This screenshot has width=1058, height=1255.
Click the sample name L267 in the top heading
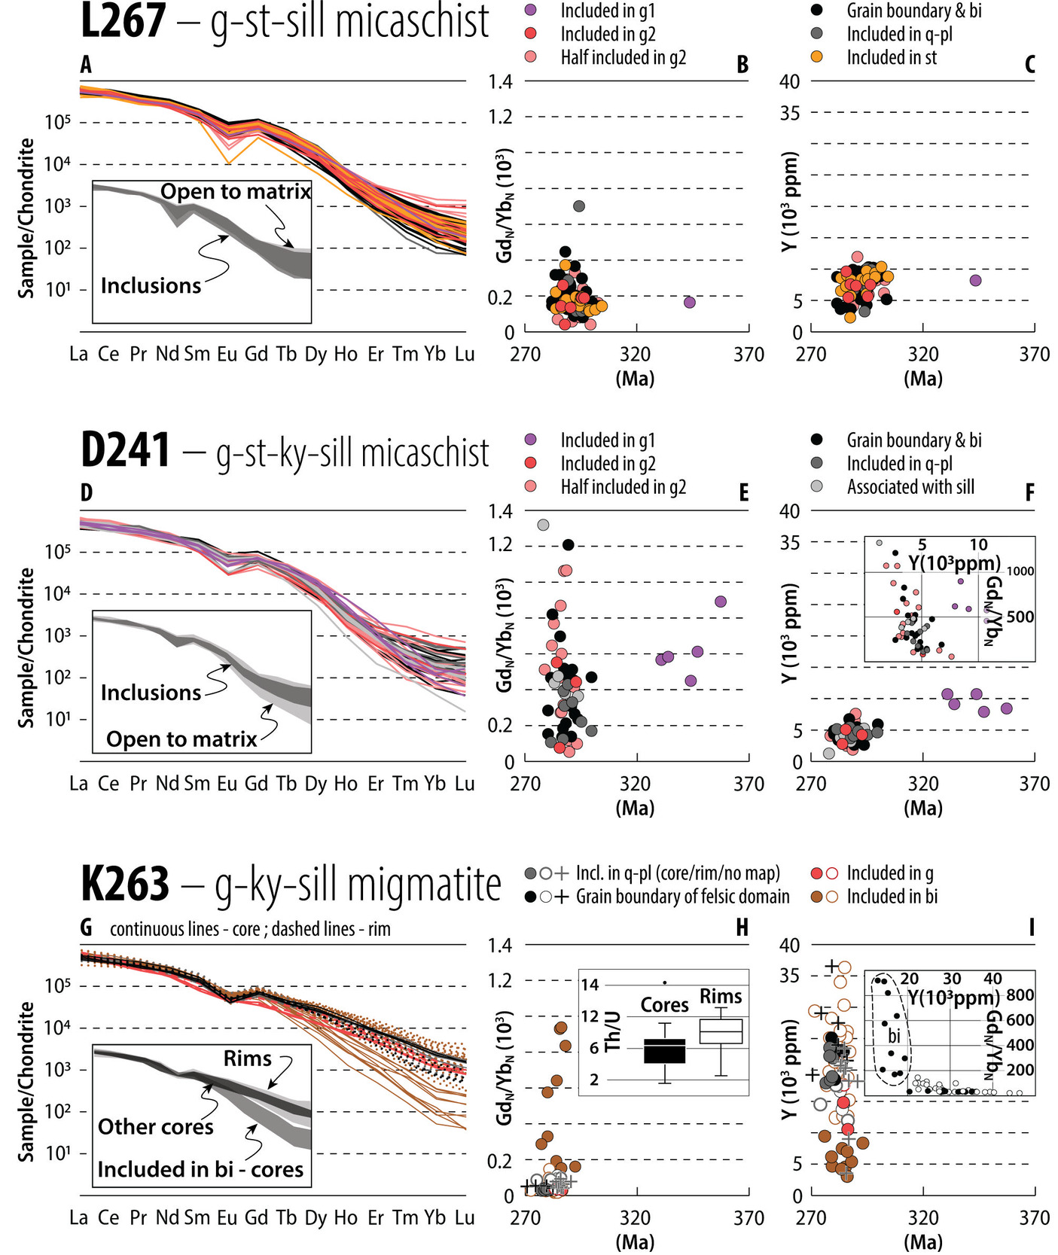(123, 21)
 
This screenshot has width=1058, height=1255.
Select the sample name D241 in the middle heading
(126, 451)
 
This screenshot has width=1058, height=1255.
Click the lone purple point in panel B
(689, 303)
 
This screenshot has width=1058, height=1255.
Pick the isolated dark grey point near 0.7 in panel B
(578, 206)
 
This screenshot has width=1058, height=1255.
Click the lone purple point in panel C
(975, 280)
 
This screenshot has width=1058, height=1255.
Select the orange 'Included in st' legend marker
(816, 57)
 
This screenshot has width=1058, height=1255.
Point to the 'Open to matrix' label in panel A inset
(236, 192)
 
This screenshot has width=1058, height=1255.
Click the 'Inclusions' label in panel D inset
(151, 693)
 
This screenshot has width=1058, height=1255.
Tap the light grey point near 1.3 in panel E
(542, 525)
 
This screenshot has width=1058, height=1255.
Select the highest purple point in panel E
(720, 601)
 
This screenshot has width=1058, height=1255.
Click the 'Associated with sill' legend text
(910, 487)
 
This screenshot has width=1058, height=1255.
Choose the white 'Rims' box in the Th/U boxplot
(721, 1031)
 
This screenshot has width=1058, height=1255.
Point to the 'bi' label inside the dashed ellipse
(894, 1036)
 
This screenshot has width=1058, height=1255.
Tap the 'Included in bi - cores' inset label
(200, 1169)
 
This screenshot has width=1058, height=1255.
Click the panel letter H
(742, 928)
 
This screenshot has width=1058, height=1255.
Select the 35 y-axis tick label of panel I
(789, 976)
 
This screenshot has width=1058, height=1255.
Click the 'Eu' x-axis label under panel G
(227, 1217)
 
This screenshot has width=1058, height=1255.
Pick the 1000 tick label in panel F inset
(1020, 571)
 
